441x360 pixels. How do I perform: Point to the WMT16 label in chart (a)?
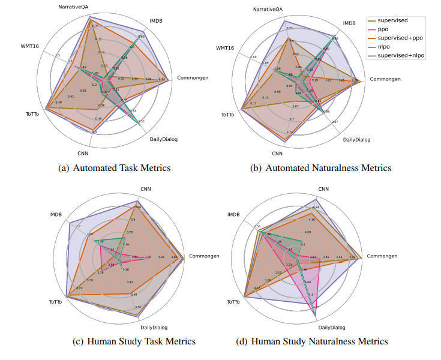point(29,46)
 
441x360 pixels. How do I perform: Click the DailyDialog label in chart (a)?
point(164,140)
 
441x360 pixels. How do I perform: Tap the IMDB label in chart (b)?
point(349,23)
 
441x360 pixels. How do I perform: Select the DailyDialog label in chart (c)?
point(154,327)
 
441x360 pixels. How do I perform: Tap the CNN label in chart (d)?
point(323,189)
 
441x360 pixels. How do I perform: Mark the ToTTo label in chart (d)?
point(232,302)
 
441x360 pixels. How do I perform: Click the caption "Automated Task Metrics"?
point(121,168)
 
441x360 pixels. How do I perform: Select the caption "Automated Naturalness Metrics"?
point(328,168)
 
